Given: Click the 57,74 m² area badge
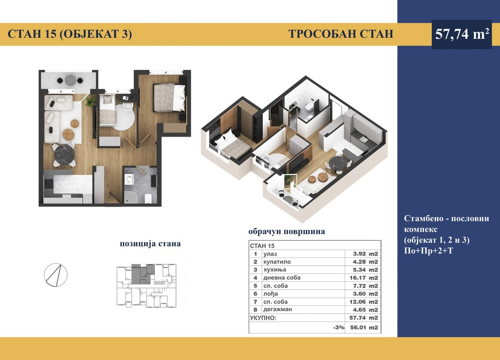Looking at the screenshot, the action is coord(462,34).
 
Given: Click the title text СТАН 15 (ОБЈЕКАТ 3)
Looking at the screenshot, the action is coord(70,34).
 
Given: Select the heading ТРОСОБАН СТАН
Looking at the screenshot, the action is coord(341,34).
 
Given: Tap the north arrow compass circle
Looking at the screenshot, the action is coord(56,275).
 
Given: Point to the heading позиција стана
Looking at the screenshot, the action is coord(150,244).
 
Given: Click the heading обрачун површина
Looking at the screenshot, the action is coord(287,232).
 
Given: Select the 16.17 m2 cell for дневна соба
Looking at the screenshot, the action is coord(363,278).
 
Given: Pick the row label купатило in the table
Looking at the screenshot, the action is coord(277,262).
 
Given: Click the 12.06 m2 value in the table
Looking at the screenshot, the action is coord(363,302).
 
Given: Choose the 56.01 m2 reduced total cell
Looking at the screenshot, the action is coord(363,327).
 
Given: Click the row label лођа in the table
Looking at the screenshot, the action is coord(270,294).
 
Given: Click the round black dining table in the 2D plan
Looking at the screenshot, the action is coord(64,155).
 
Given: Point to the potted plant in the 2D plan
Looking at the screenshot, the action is coord(91,102).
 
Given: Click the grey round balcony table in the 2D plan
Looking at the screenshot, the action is coord(70,80).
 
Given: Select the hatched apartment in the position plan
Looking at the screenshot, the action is coord(142,274).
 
